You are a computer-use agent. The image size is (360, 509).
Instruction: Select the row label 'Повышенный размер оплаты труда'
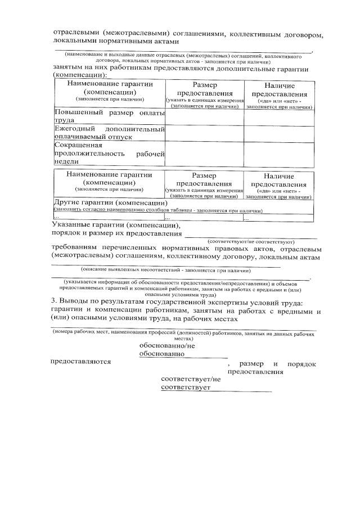[109, 116]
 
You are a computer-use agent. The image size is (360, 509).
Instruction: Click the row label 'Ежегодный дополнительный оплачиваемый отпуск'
[109, 133]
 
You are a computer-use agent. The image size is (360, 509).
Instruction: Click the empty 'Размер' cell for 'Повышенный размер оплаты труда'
[204, 116]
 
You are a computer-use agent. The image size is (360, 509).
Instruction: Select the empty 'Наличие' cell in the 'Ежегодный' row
[278, 133]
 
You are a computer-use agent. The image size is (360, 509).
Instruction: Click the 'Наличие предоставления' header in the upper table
[278, 94]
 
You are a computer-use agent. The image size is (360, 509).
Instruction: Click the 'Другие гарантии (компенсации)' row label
[110, 203]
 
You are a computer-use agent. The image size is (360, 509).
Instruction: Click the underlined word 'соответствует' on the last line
[184, 388]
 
